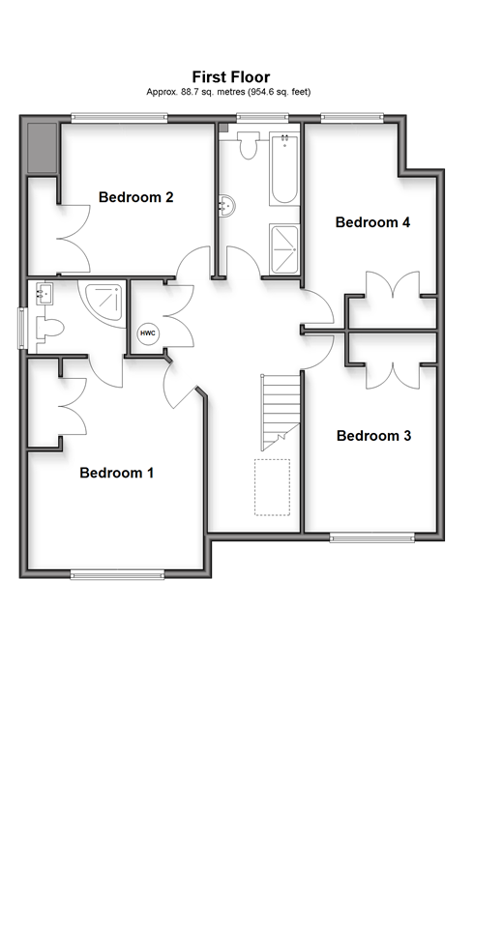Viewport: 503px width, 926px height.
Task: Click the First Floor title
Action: (230, 76)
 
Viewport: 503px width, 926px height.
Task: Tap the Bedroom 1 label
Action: (116, 473)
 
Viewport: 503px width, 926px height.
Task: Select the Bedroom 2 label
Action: (136, 196)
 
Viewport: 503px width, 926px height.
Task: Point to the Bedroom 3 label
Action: (373, 435)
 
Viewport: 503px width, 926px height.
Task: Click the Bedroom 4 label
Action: (372, 222)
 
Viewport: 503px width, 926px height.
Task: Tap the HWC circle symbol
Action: (148, 333)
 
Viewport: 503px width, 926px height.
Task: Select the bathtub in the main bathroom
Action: (283, 169)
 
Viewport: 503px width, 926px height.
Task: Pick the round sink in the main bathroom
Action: (227, 206)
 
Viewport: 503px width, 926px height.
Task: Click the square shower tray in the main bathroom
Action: (283, 248)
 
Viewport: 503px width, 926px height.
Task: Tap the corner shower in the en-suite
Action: (103, 302)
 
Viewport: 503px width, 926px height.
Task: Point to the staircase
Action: (281, 412)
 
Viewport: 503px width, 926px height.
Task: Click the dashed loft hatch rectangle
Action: (273, 487)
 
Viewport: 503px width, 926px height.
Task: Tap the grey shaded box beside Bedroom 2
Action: (42, 148)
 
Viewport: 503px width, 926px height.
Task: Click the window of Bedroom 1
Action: (117, 574)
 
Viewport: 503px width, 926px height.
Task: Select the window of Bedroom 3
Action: (371, 536)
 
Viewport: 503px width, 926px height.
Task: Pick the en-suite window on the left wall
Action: (23, 328)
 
